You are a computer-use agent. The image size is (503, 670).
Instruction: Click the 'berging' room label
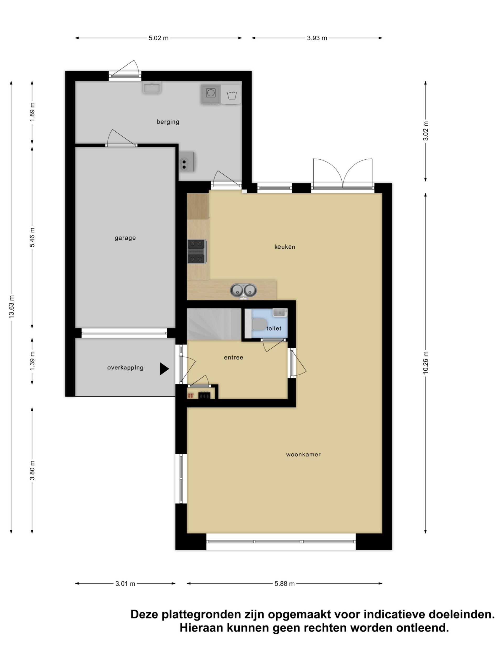168,122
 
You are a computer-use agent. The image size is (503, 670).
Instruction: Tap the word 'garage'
125,238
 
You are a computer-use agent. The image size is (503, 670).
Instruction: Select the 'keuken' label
285,247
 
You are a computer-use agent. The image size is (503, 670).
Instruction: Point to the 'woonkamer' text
303,454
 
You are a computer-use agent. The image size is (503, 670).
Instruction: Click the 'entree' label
233,358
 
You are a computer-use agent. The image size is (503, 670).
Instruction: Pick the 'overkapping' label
125,367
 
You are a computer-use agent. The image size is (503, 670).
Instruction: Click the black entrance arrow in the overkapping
164,368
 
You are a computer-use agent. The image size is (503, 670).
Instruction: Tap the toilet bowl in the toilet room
258,324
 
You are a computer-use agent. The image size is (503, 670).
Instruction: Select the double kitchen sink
243,290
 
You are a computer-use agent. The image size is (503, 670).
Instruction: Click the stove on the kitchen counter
197,251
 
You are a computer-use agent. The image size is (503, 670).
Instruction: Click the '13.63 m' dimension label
12,306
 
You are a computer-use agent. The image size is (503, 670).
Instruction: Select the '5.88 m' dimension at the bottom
285,583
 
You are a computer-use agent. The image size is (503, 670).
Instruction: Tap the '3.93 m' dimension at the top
317,38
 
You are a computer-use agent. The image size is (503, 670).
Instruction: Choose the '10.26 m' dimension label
426,363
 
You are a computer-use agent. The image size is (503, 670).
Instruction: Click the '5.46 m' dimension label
32,237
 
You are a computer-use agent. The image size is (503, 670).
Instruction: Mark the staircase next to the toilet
214,324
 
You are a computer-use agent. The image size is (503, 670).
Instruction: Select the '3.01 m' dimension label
125,583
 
